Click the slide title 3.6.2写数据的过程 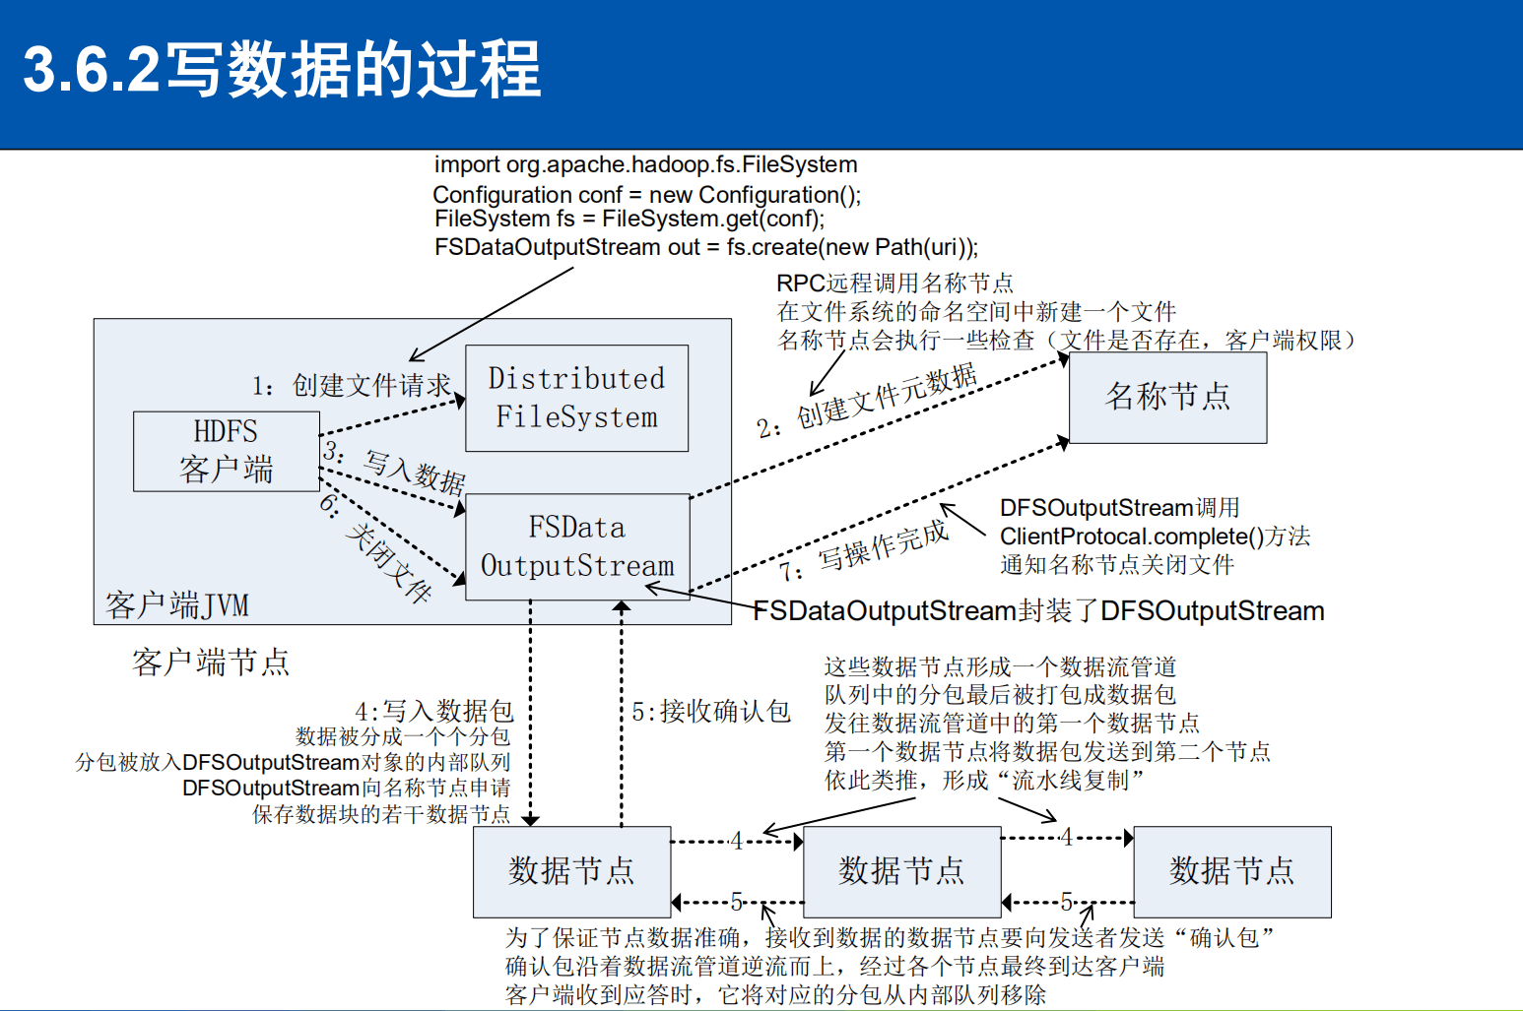click(282, 70)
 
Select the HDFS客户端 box click(226, 451)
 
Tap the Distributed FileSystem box click(576, 398)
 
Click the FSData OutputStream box click(577, 546)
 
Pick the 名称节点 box click(1167, 397)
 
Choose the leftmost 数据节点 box click(571, 871)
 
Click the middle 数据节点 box click(901, 871)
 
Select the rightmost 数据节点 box click(1231, 871)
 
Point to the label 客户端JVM click(177, 604)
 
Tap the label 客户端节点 click(211, 662)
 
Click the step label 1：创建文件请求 click(352, 385)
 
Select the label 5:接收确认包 click(711, 711)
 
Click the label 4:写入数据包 click(434, 711)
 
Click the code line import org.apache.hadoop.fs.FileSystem click(645, 164)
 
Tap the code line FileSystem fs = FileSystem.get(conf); click(629, 219)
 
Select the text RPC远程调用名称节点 click(894, 284)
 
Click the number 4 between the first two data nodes click(736, 841)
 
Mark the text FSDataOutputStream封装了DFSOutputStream click(1038, 611)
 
